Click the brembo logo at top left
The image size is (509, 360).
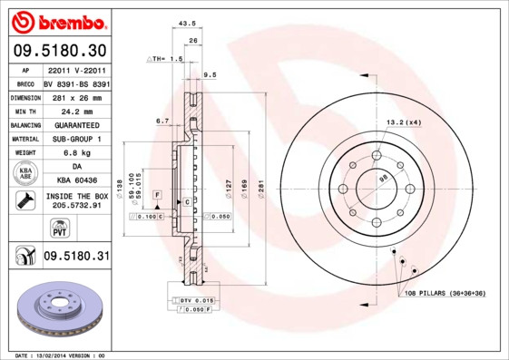[x=56, y=21]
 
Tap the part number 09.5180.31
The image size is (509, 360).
[x=76, y=257]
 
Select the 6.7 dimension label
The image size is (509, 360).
[x=162, y=120]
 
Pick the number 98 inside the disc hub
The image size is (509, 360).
[x=383, y=180]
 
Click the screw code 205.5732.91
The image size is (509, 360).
[x=76, y=206]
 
